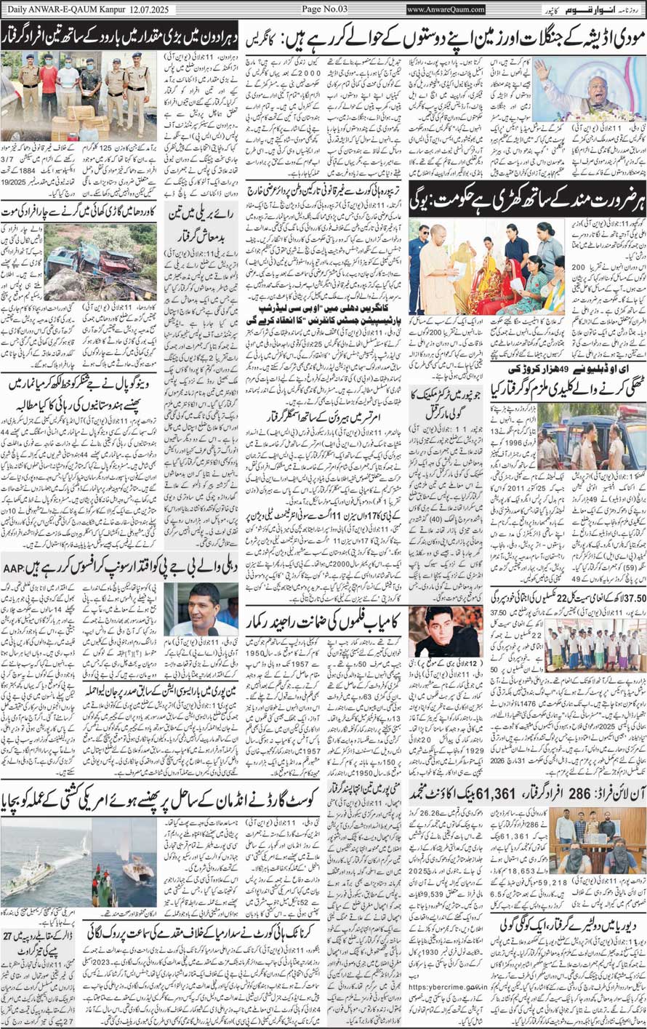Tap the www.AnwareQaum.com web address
click(x=446, y=9)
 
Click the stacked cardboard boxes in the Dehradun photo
click(x=76, y=120)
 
